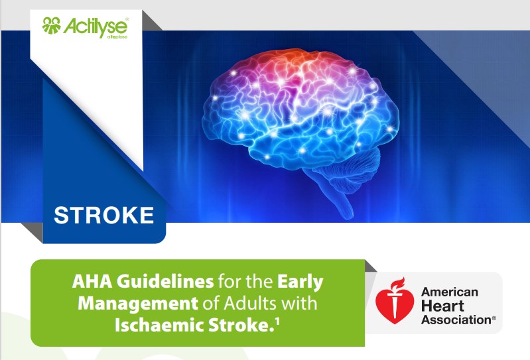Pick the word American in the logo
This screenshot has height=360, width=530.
pyautogui.click(x=449, y=292)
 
